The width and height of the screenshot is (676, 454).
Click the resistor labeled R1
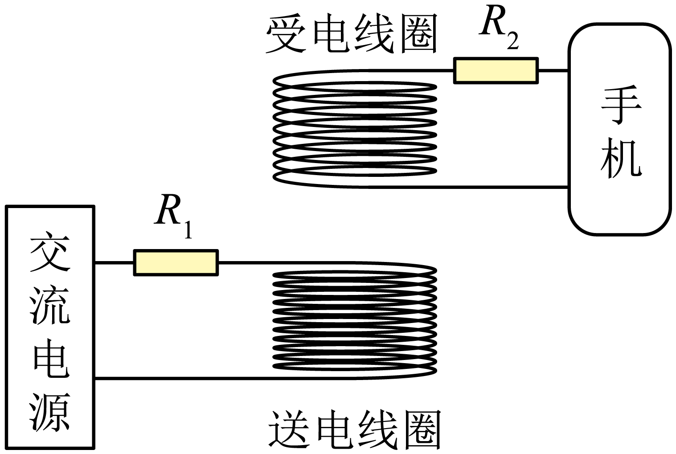pyautogui.click(x=176, y=263)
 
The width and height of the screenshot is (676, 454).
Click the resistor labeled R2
pyautogui.click(x=496, y=70)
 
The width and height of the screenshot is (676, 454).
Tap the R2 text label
pyautogui.click(x=499, y=28)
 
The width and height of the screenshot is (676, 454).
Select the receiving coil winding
pyautogui.click(x=354, y=129)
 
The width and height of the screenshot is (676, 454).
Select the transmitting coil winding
pyautogui.click(x=354, y=321)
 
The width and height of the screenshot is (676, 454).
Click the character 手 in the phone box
pyautogui.click(x=620, y=105)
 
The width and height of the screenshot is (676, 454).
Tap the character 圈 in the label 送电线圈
pyautogui.click(x=421, y=429)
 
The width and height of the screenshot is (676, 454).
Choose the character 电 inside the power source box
pyautogui.click(x=49, y=360)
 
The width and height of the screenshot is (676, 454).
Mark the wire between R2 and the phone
pyautogui.click(x=553, y=70)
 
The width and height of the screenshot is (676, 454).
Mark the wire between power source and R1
pyautogui.click(x=115, y=263)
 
